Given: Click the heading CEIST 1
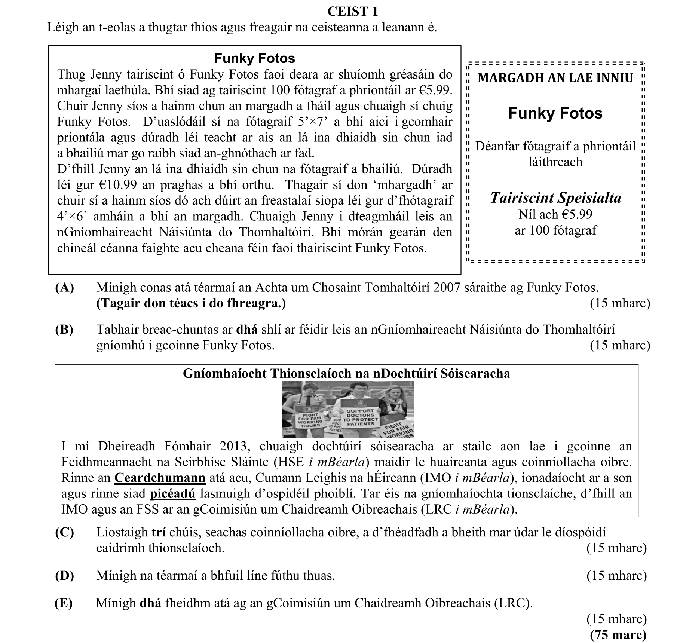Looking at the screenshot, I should (x=352, y=12).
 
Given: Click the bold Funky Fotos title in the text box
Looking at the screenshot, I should (x=254, y=58).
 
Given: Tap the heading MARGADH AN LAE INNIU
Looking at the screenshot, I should (x=555, y=78).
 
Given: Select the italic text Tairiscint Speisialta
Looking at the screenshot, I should (x=555, y=198).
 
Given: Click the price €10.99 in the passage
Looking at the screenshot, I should (x=134, y=185).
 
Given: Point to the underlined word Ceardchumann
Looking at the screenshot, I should (x=160, y=478).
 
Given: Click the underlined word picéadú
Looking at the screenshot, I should (x=172, y=494).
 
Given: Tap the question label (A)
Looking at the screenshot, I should (x=64, y=287).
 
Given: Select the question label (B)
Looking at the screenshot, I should (x=64, y=329).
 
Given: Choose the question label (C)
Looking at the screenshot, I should (x=64, y=532).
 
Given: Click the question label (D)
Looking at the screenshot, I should (x=64, y=575).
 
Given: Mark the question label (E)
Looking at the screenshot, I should (x=64, y=603).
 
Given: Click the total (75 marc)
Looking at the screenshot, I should (x=618, y=635).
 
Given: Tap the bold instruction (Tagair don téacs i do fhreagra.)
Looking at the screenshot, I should (x=191, y=303).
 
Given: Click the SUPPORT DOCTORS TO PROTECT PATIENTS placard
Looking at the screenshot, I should (x=360, y=417).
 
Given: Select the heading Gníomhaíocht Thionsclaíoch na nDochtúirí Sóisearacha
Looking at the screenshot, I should (x=346, y=373).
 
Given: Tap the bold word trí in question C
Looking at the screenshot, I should (x=158, y=532).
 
